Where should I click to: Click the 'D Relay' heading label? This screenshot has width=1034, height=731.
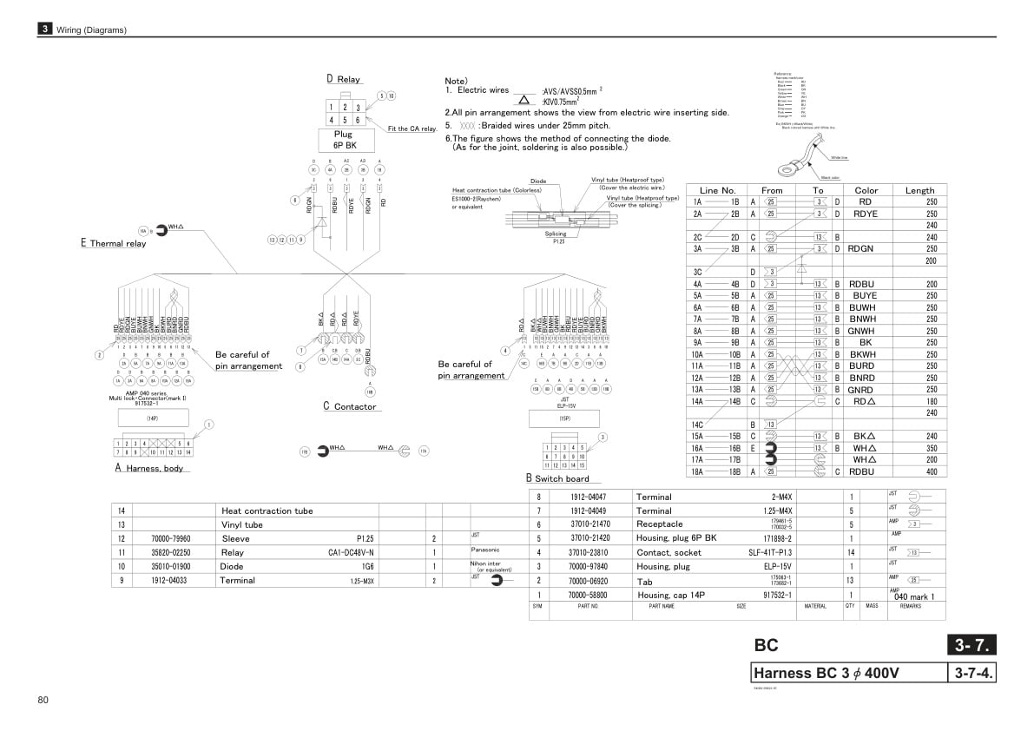(344, 79)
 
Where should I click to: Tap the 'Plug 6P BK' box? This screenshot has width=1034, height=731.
(345, 140)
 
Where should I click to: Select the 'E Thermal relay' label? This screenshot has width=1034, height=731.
(114, 244)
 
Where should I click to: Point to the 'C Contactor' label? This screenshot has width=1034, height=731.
(350, 406)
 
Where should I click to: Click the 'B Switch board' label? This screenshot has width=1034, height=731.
(557, 478)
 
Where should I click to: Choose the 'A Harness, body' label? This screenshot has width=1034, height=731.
(149, 469)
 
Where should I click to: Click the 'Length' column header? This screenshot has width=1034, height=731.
(919, 190)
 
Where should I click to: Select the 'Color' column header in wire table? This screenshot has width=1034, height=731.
(866, 190)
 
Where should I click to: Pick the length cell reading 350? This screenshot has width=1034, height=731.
(931, 448)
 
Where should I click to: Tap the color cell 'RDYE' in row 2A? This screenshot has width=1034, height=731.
(865, 214)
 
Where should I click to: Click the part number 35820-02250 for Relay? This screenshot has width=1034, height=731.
(171, 552)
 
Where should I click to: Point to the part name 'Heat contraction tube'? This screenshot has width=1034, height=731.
(267, 511)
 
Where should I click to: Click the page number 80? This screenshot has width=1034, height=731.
(43, 701)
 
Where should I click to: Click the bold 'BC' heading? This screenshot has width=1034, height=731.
(767, 645)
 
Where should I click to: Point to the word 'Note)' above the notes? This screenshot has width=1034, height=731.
(457, 81)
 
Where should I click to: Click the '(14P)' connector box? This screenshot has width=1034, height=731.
(152, 418)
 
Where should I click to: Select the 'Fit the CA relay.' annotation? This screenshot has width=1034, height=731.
(412, 128)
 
